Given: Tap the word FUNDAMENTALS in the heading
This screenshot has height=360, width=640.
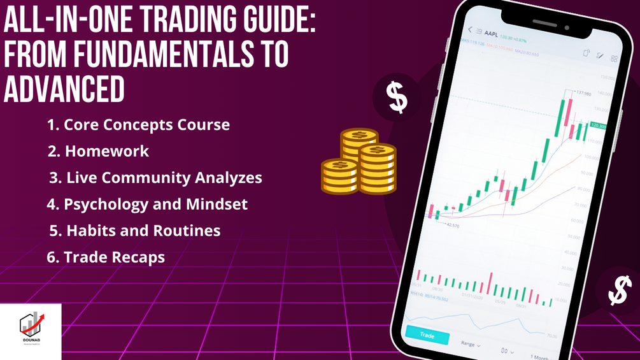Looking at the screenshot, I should [160, 57].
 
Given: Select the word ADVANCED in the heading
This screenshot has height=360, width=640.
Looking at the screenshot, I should [64, 90].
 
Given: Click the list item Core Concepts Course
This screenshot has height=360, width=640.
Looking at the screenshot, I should [139, 124].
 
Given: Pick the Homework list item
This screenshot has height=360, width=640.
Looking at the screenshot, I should [99, 151].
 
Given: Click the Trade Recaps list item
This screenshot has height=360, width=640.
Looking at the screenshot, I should [106, 257].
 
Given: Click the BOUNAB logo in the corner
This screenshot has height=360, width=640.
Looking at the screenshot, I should [31, 331].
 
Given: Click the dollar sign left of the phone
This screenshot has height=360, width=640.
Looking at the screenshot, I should [396, 97].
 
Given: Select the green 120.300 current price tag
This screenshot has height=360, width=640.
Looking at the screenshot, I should [599, 126].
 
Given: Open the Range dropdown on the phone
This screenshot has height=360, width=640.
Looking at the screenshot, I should [470, 343].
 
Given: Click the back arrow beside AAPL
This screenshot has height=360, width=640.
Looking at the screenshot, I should [471, 30].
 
